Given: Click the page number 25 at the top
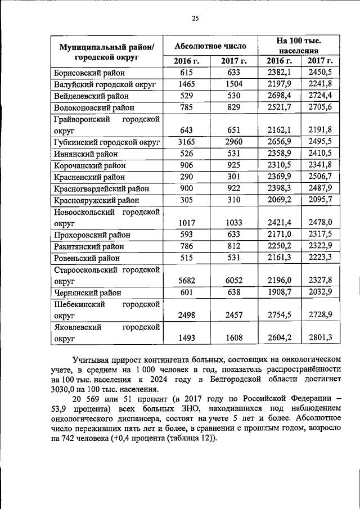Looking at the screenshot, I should click(195, 19).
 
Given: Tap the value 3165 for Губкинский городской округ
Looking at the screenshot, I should click(186, 142).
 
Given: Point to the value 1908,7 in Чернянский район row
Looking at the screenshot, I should click(279, 292).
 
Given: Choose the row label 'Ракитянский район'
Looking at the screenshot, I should click(89, 246).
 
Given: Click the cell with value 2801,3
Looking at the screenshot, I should click(321, 337).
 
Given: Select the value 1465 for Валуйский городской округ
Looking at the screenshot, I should click(186, 84).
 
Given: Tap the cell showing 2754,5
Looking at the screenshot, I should click(279, 315).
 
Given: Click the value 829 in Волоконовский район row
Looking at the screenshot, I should click(233, 107).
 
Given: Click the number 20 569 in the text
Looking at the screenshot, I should click(88, 399).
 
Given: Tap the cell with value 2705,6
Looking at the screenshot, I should click(321, 107).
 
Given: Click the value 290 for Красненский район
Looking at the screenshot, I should click(186, 177).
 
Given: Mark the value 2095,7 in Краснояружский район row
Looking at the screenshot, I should click(321, 200).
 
